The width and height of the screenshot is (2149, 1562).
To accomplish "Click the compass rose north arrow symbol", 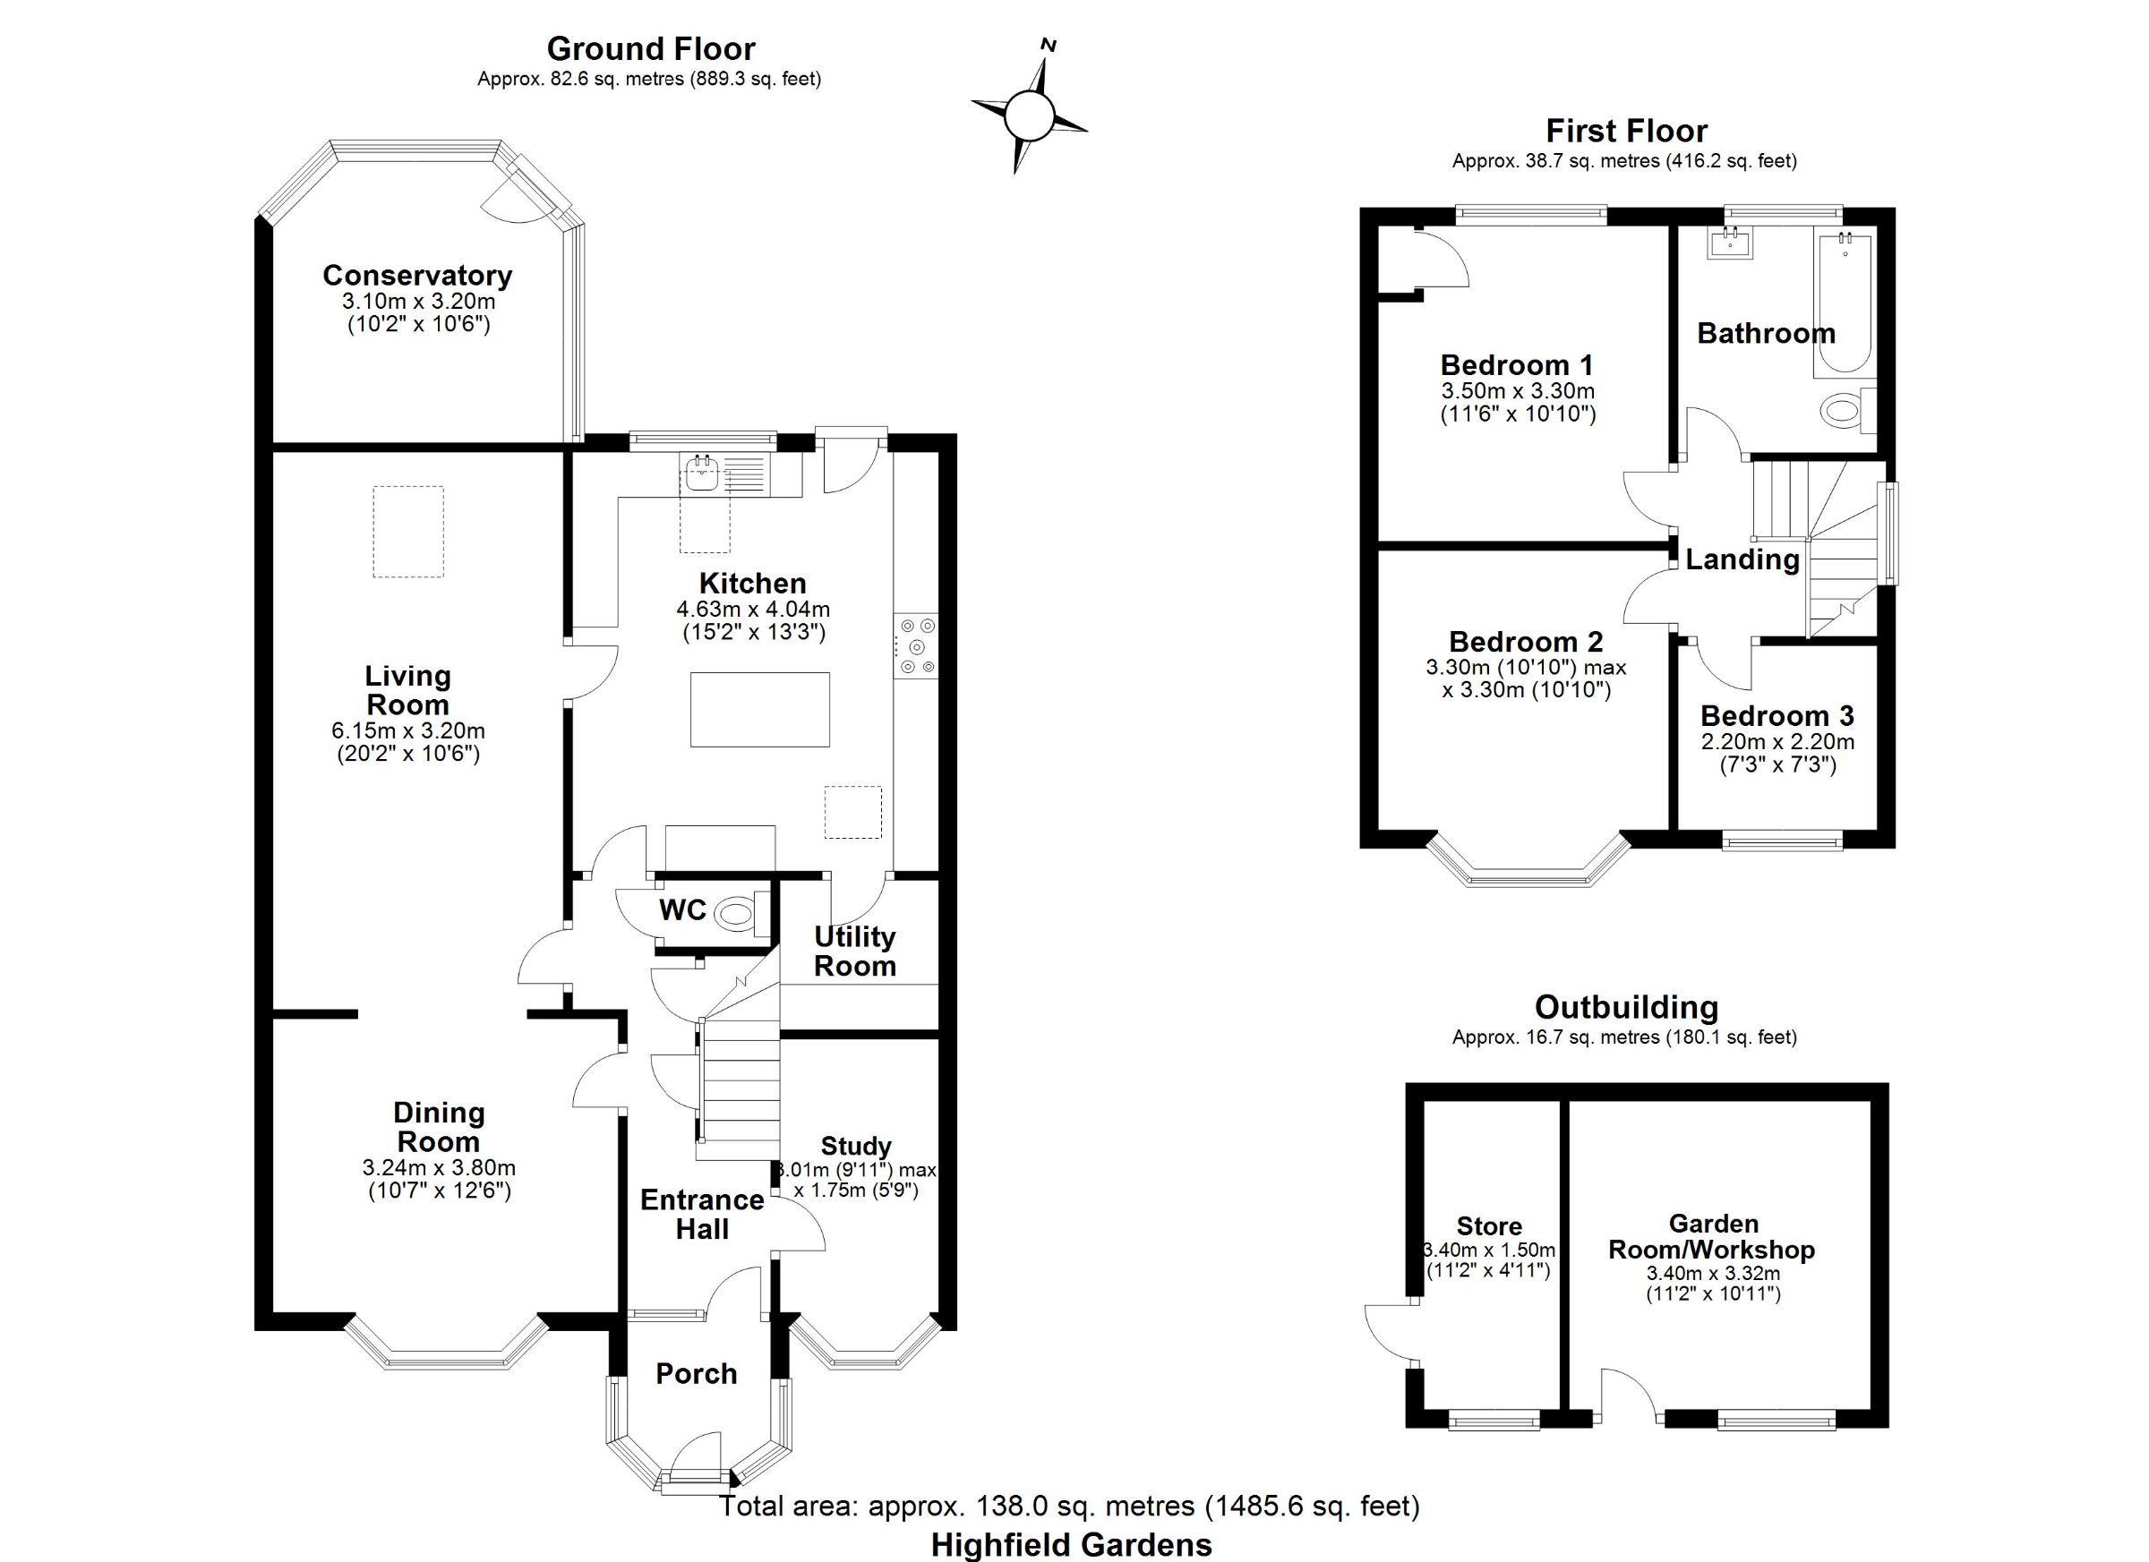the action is [x=1029, y=116].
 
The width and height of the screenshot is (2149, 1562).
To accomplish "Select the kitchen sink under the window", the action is [x=702, y=474].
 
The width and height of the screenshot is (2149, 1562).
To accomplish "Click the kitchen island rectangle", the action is [x=760, y=710].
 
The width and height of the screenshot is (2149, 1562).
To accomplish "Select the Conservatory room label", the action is [x=417, y=275].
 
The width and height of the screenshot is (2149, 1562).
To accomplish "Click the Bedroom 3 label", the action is [x=1777, y=715].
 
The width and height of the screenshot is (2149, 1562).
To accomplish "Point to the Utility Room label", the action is [x=854, y=951].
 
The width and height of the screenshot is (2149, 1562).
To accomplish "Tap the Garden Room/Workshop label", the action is [x=1712, y=1236].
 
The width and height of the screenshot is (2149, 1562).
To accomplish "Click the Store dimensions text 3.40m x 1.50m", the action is [x=1488, y=1250].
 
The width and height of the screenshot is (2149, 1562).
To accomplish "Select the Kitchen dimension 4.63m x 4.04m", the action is [x=753, y=609].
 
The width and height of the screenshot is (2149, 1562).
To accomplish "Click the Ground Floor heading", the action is [x=651, y=48].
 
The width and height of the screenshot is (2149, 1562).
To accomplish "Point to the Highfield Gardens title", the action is [x=1072, y=1545].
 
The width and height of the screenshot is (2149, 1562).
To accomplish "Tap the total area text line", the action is [x=1070, y=1506].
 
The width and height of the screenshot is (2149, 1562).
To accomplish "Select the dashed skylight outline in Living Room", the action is [x=407, y=532].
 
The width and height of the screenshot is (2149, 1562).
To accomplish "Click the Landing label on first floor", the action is [x=1742, y=559].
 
